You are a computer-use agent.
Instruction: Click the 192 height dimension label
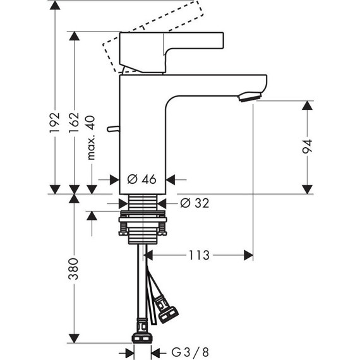[55, 122]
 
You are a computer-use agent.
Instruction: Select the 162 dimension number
[74, 123]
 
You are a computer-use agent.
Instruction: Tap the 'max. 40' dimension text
[92, 138]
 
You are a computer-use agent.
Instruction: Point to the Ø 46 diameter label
[141, 179]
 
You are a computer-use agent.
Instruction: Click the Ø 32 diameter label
[195, 203]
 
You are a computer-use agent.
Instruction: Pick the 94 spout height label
[307, 147]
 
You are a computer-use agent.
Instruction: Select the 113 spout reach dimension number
[199, 255]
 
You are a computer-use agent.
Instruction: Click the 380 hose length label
[73, 269]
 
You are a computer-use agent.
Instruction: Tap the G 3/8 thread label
[190, 352]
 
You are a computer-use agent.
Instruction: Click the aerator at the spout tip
[250, 97]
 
